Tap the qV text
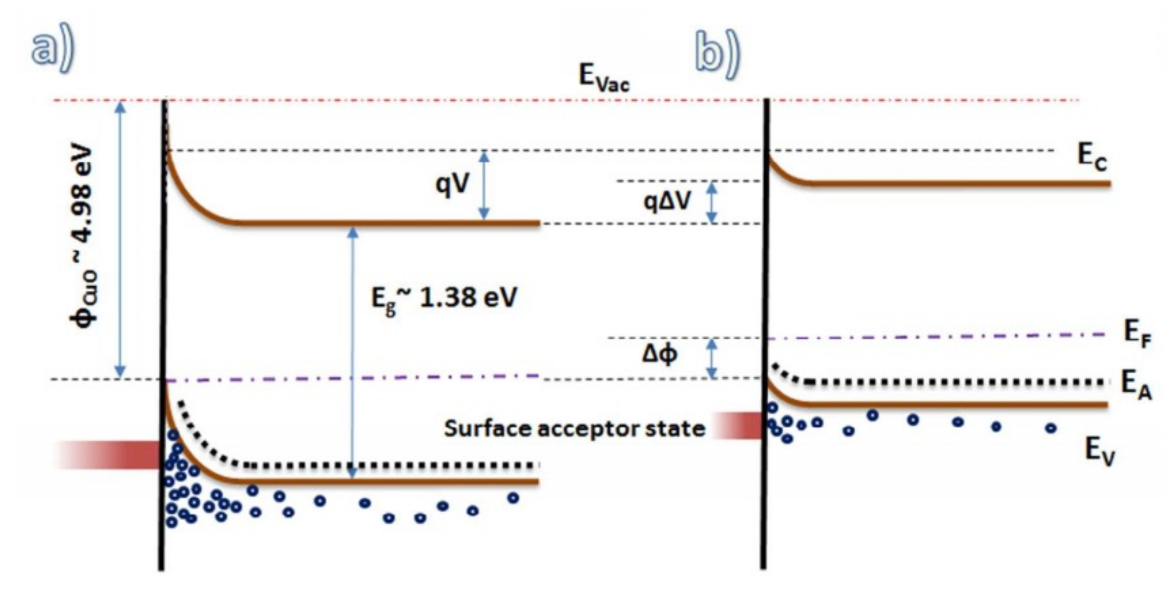[452, 185]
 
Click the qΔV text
[667, 201]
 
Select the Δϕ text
[659, 355]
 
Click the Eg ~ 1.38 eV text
[444, 299]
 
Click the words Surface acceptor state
[574, 428]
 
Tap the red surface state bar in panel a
[109, 455]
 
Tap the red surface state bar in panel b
[738, 425]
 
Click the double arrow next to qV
[485, 185]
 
